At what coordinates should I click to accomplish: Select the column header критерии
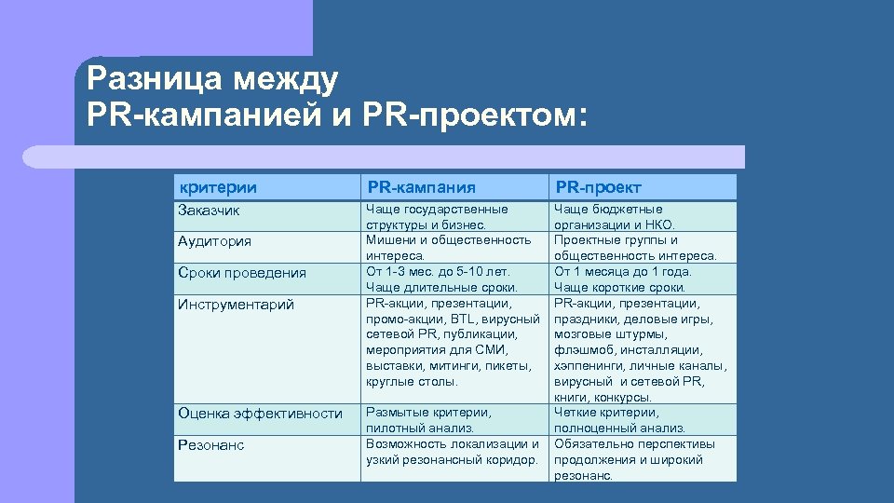click(218, 187)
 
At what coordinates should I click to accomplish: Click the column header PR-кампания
click(421, 187)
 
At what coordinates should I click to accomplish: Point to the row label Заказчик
click(209, 211)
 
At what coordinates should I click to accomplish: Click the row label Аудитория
click(214, 241)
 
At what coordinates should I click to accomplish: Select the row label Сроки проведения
click(241, 273)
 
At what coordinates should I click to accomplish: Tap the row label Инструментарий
click(236, 305)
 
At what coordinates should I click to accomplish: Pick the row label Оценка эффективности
click(260, 414)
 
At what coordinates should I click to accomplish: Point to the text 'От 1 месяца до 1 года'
click(622, 271)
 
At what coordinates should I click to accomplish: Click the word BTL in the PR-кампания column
click(460, 319)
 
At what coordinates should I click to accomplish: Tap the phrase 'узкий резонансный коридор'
click(452, 459)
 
